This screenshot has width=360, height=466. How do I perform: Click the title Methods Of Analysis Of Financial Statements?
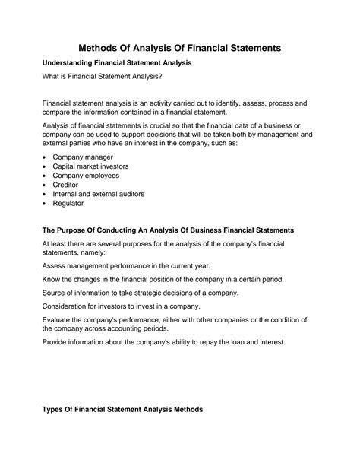pos(180,47)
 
